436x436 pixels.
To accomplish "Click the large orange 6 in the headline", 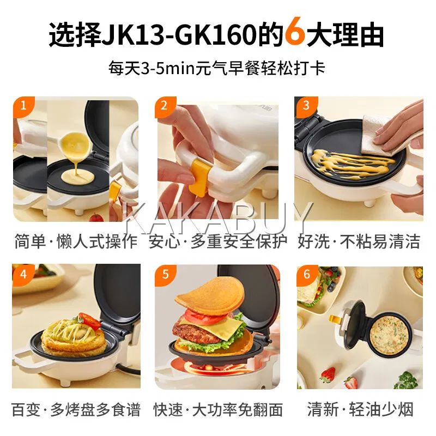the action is click(295, 31).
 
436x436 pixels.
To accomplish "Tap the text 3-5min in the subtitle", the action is click(168, 69).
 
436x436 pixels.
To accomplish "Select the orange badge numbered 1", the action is click(23, 106).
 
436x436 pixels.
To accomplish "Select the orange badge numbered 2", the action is click(165, 106).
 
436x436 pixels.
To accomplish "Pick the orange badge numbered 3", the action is click(306, 106).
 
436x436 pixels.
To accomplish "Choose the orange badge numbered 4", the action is click(23, 275).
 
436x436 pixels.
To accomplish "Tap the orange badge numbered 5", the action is click(166, 275).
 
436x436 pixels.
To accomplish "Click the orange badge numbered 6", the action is click(307, 275).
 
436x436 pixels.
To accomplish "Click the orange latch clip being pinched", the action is click(199, 178).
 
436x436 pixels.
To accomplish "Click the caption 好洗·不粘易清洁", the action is click(359, 241).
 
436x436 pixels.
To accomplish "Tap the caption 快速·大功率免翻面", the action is click(218, 410).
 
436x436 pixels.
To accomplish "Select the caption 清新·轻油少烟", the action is click(360, 409).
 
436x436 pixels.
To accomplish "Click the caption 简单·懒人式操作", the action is click(76, 241).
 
